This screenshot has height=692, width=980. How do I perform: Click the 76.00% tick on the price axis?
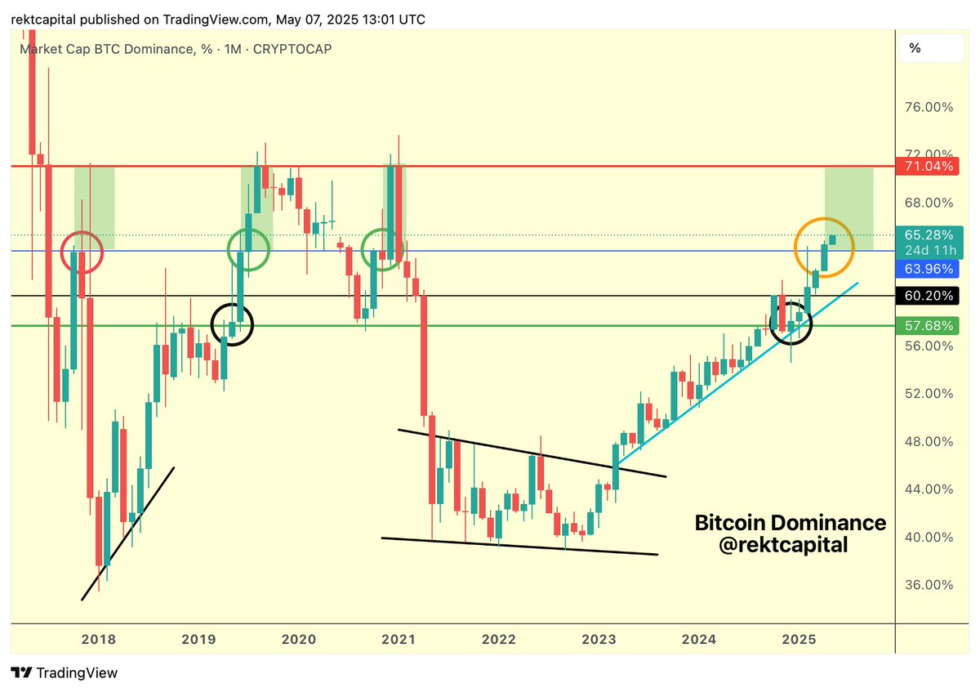pyautogui.click(x=927, y=107)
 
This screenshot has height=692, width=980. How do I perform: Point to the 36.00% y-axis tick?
pyautogui.click(x=927, y=585)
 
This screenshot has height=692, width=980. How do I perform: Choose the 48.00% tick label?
pyautogui.click(x=927, y=441)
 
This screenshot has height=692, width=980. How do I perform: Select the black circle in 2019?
pyautogui.click(x=233, y=324)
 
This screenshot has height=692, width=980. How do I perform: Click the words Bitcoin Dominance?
pyautogui.click(x=790, y=522)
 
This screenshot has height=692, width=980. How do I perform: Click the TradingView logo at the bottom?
pyautogui.click(x=65, y=673)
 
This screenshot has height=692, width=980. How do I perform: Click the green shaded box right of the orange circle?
pyautogui.click(x=849, y=209)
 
